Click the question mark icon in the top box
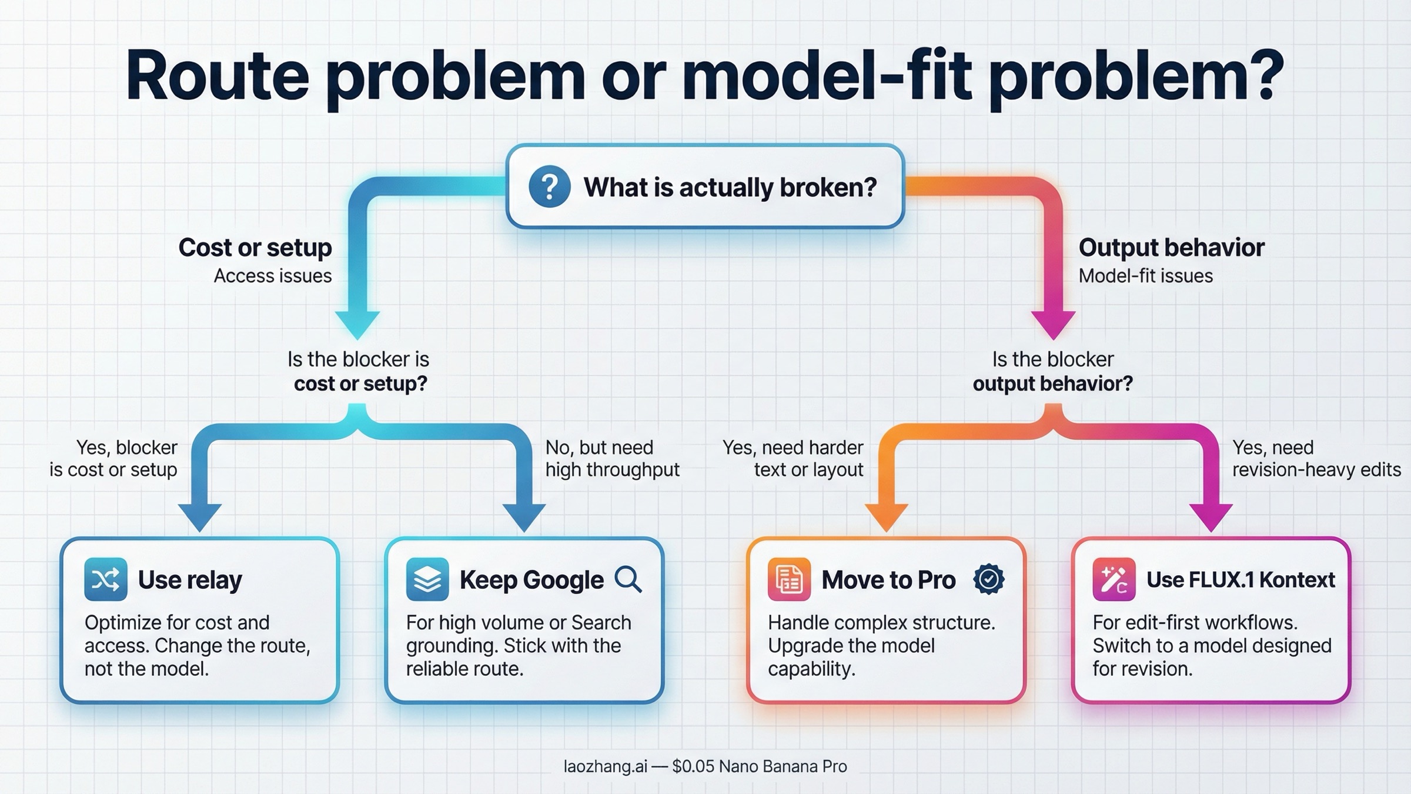(x=549, y=187)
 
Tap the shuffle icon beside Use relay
(x=106, y=579)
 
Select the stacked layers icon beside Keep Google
(x=427, y=579)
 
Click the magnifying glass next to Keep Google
(x=628, y=579)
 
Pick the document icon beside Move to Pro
(x=789, y=579)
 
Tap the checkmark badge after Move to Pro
(x=989, y=579)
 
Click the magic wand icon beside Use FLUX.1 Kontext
(x=1114, y=579)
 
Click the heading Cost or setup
(x=255, y=248)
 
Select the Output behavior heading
(x=1171, y=248)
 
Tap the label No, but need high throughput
(x=612, y=459)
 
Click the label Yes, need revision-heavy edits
(x=1316, y=459)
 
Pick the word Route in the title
(x=218, y=76)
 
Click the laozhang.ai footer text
(x=705, y=766)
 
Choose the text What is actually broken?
(x=730, y=187)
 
